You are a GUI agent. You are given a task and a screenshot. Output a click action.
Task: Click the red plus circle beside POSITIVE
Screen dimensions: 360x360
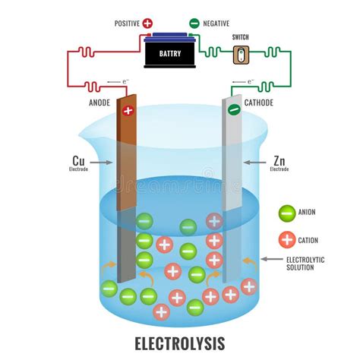click(x=147, y=24)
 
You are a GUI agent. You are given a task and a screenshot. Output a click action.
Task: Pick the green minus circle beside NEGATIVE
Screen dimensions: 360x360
click(x=194, y=24)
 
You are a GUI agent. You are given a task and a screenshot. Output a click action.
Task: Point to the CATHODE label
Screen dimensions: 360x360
click(x=259, y=103)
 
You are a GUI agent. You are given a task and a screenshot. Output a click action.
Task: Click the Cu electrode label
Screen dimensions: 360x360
click(x=78, y=162)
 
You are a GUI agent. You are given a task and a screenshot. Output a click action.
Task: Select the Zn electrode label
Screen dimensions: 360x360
click(x=279, y=162)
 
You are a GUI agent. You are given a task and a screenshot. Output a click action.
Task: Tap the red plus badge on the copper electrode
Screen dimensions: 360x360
click(x=127, y=111)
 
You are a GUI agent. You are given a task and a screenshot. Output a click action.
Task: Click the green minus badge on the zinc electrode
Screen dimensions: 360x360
click(x=234, y=110)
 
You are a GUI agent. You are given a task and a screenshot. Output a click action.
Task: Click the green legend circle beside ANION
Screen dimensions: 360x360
click(x=286, y=213)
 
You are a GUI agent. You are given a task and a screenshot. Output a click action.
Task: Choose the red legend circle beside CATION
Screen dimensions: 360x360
click(x=286, y=240)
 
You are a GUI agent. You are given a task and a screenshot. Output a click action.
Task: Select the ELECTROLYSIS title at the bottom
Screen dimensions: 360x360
click(x=180, y=343)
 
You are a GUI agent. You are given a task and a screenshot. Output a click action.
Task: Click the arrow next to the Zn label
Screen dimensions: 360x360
click(x=254, y=163)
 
